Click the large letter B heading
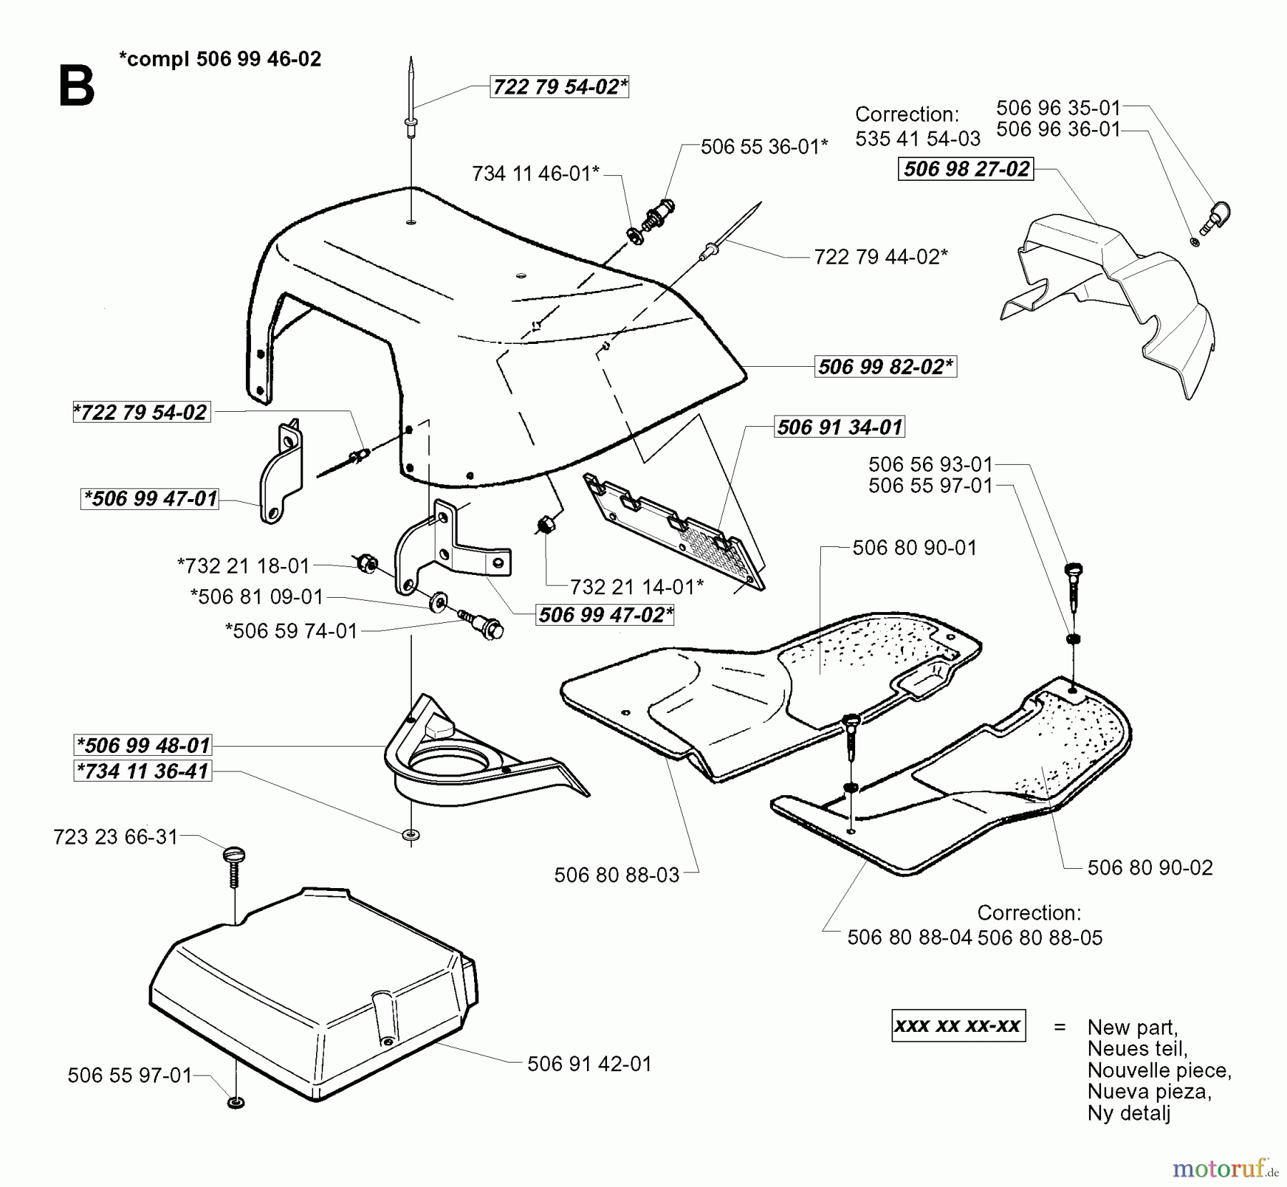pyautogui.click(x=76, y=87)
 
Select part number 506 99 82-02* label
pyautogui.click(x=885, y=367)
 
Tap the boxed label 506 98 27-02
pyautogui.click(x=966, y=169)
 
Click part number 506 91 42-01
pyautogui.click(x=589, y=1064)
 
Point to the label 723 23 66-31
pyautogui.click(x=115, y=837)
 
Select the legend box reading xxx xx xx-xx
pyautogui.click(x=958, y=1026)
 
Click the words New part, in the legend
pyautogui.click(x=1132, y=1028)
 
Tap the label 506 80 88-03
pyautogui.click(x=616, y=875)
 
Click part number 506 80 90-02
pyautogui.click(x=1150, y=867)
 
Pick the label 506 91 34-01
pyautogui.click(x=839, y=427)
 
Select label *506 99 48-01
pyautogui.click(x=143, y=745)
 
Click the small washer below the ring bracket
pyautogui.click(x=411, y=834)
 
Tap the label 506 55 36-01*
pyautogui.click(x=764, y=147)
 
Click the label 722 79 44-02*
pyautogui.click(x=881, y=257)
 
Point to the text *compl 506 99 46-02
pyautogui.click(x=220, y=59)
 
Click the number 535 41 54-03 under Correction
pyautogui.click(x=917, y=139)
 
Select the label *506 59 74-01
pyautogui.click(x=291, y=631)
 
